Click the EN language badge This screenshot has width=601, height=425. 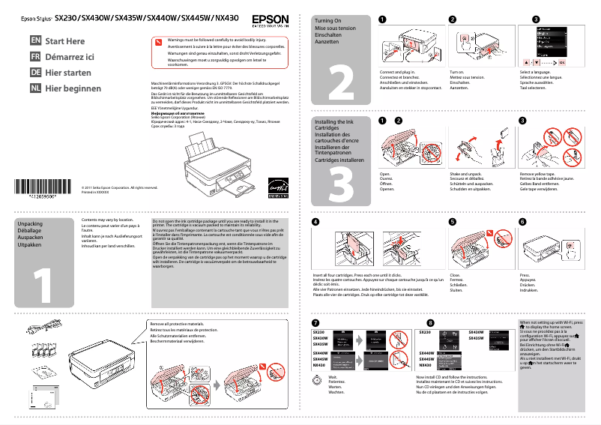[x=35, y=40]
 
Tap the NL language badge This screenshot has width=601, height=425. [x=35, y=88]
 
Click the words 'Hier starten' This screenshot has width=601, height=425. [x=69, y=73]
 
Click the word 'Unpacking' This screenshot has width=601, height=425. [x=29, y=224]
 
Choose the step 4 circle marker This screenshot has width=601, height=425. [x=315, y=222]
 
